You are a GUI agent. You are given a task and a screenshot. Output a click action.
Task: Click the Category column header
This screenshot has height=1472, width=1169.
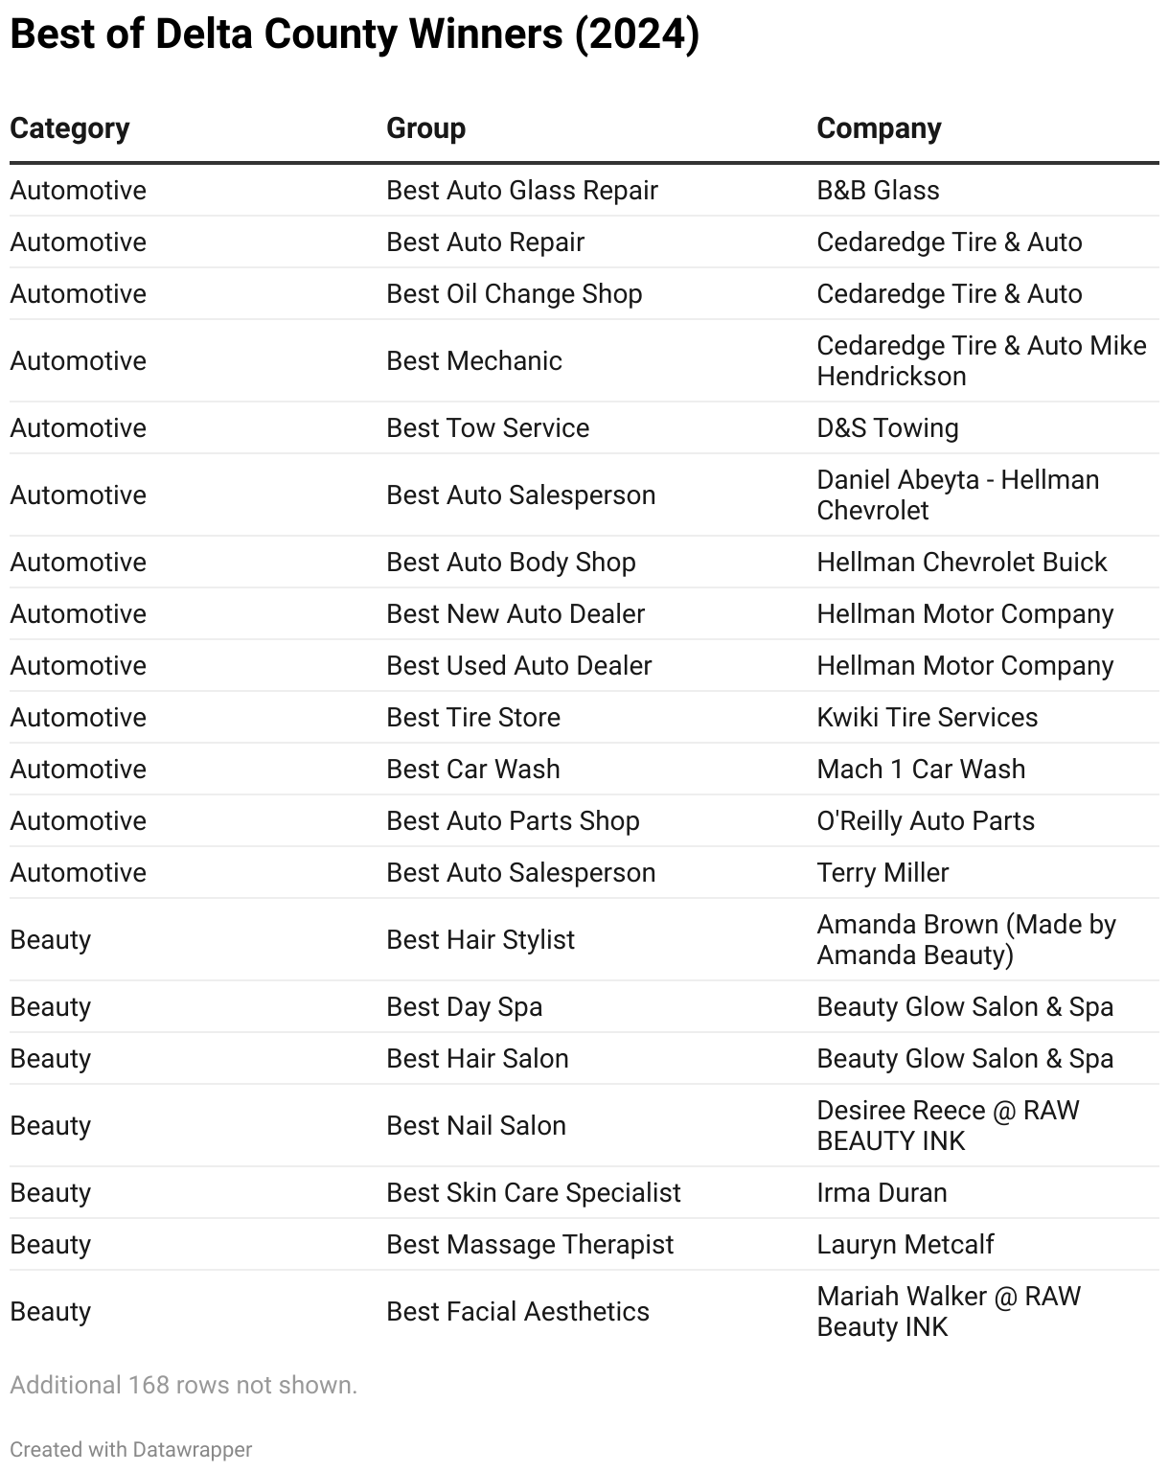(70, 128)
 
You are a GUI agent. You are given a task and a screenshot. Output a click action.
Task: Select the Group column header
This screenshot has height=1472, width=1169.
(425, 128)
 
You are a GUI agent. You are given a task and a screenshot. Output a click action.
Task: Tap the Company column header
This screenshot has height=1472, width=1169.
(879, 128)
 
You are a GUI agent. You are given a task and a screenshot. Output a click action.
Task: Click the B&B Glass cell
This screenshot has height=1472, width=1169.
(878, 190)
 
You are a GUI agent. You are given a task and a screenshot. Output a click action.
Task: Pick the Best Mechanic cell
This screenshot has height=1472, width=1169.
(474, 360)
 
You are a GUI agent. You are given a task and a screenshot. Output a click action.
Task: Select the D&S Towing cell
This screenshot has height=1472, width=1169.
(887, 427)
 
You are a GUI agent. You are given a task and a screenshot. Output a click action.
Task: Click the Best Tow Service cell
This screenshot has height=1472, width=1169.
(488, 427)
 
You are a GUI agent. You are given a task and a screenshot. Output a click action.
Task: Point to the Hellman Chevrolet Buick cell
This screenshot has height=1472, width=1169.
(961, 562)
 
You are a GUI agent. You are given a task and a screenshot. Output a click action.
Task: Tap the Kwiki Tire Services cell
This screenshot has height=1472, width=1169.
(927, 717)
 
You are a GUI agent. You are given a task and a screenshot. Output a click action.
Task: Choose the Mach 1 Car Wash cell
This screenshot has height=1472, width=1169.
(921, 769)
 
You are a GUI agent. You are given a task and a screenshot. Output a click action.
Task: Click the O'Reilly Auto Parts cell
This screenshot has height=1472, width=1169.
(926, 820)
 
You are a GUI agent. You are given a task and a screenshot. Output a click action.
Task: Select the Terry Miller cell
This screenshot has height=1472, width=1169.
(882, 872)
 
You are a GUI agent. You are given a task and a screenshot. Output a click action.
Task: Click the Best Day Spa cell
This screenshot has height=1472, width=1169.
(465, 1006)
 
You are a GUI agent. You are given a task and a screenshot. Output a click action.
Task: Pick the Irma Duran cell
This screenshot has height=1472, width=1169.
(882, 1192)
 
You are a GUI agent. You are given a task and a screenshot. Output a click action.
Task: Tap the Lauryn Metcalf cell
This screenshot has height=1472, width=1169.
(905, 1244)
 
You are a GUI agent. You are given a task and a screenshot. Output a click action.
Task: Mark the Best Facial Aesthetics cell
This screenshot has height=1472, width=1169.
(517, 1311)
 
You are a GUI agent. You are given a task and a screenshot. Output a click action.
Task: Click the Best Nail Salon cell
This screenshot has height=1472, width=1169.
(476, 1125)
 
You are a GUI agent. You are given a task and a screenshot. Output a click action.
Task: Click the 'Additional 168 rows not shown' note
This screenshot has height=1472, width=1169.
(183, 1385)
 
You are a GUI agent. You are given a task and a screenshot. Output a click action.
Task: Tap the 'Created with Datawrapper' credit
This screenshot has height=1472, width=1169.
(131, 1449)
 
